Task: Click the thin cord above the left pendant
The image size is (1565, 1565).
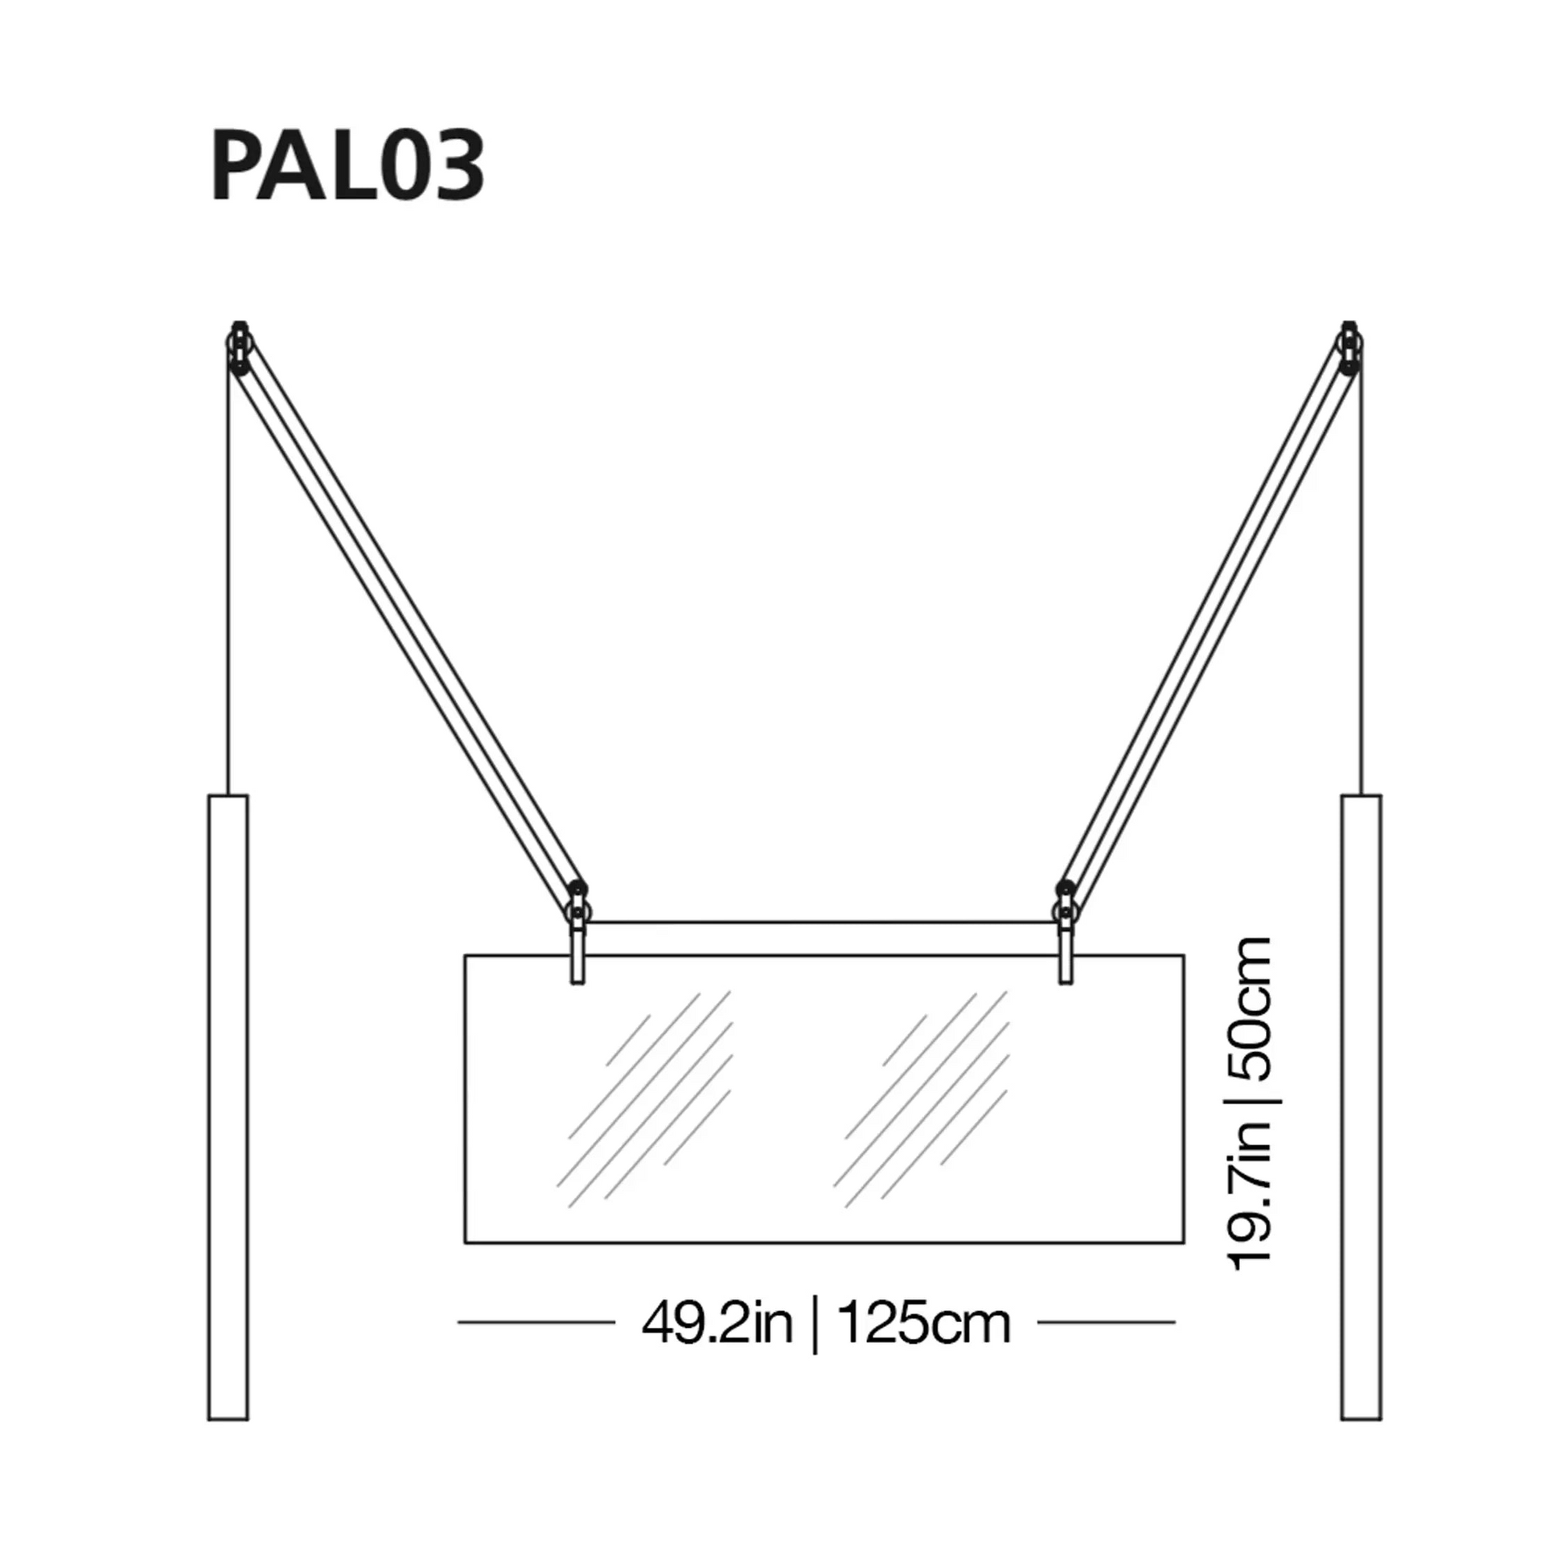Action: pos(229,583)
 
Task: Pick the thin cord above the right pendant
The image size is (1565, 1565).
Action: pos(1362,583)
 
